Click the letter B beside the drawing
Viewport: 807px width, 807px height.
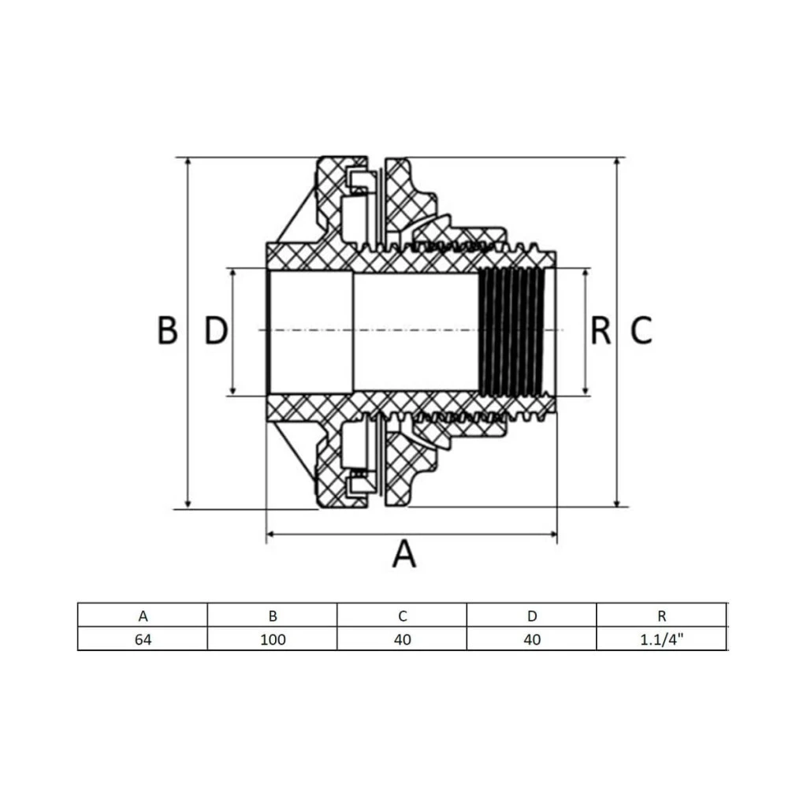coord(167,330)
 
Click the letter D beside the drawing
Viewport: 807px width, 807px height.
coord(216,330)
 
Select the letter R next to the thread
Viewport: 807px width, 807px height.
coord(601,330)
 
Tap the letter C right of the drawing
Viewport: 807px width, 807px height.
coord(642,330)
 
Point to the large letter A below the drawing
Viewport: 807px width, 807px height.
coord(404,553)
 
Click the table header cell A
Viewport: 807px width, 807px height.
coord(143,615)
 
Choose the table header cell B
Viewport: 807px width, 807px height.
coord(273,615)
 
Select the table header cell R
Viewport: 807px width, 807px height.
coord(662,615)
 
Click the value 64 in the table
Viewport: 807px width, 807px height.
coord(143,639)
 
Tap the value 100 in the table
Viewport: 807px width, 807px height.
coord(273,639)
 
